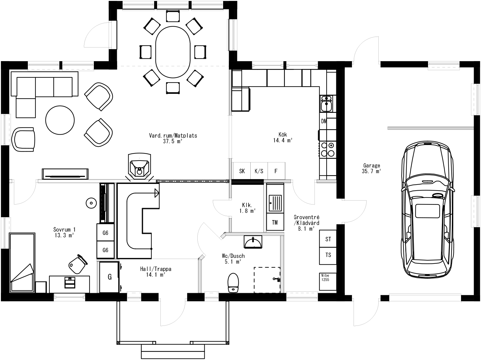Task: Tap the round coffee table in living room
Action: coord(60,120)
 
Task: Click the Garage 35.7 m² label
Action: coord(371,169)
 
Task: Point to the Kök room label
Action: coord(283,137)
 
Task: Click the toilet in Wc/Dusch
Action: coord(233,283)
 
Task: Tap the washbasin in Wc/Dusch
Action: coord(252,242)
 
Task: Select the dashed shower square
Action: coord(267,280)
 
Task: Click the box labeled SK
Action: coord(242,171)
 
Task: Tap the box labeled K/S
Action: coord(259,171)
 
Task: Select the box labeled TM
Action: coord(275,223)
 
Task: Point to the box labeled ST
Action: coord(328,239)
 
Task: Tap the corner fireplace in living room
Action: coord(139,167)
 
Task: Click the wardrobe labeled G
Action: coord(109,277)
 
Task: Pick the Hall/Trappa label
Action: coord(156,272)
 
